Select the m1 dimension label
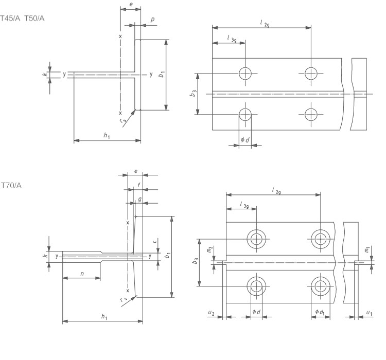[366, 249]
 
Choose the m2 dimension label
[209, 249]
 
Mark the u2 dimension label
[210, 312]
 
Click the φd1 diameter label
[320, 312]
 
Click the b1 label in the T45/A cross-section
[161, 75]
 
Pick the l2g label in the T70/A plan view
[276, 191]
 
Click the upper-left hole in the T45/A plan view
[245, 73]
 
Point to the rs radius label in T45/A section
[122, 121]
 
